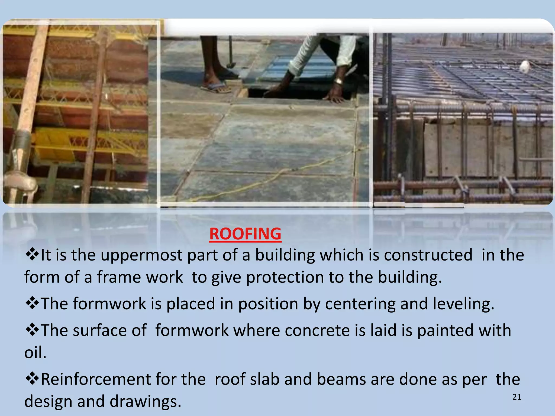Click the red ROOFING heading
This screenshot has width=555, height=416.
coord(245,234)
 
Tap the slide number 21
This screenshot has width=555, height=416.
coord(517,397)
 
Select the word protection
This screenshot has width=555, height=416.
coord(285,277)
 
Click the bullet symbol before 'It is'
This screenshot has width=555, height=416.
coord(32,255)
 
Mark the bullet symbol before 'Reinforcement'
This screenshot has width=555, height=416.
coord(32,378)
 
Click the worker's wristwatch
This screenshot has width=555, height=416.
coord(338,81)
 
